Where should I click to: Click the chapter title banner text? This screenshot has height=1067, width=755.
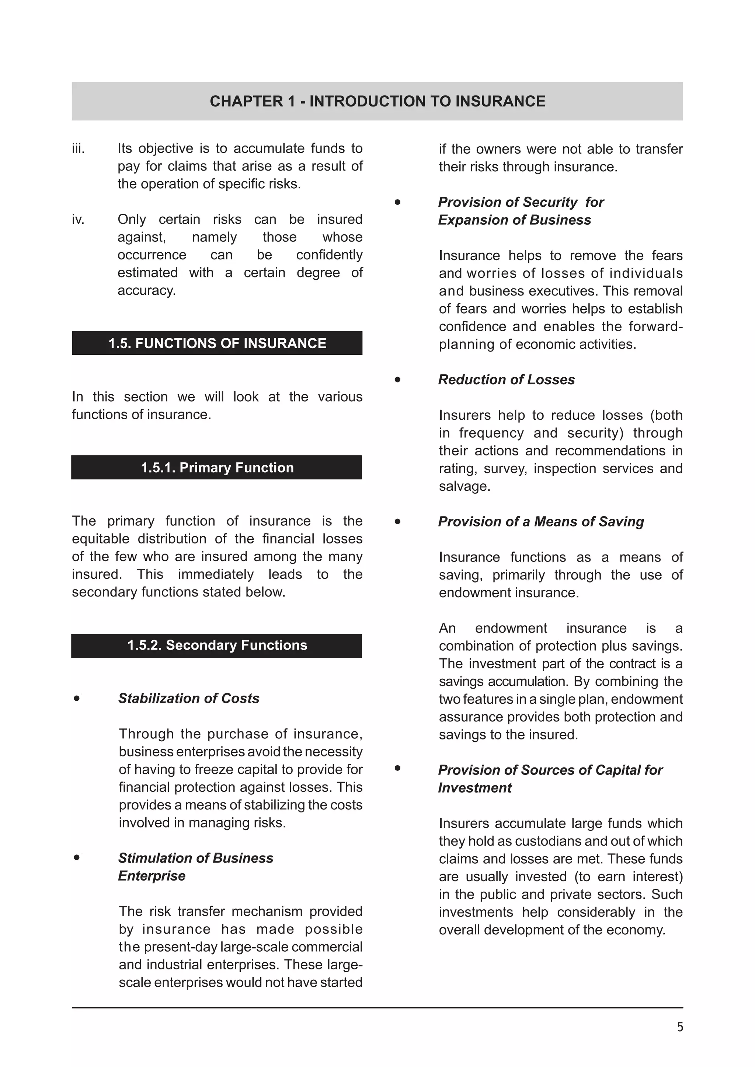(377, 101)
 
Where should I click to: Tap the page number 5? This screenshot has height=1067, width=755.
(680, 1026)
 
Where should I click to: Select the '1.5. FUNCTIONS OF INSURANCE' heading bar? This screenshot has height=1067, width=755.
(217, 343)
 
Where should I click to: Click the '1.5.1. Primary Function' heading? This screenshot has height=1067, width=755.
(217, 468)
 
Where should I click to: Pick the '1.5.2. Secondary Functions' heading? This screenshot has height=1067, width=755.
(217, 645)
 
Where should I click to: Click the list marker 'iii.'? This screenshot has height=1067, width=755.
(79, 149)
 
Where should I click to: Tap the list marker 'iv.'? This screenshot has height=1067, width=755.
(78, 219)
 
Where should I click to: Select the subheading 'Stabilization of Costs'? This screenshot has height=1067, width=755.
(188, 698)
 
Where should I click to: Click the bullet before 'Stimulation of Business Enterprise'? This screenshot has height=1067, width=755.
(77, 857)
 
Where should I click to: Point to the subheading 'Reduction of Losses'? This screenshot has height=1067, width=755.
(506, 380)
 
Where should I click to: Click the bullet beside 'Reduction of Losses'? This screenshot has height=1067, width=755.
(397, 380)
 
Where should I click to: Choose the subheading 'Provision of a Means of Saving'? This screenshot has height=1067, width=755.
(541, 521)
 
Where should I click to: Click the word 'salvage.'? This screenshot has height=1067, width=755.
(465, 487)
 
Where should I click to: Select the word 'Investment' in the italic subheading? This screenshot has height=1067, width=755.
(475, 788)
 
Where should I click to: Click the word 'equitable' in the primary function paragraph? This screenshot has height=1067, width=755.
(100, 539)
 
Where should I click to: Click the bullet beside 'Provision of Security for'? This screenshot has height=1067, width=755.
(397, 202)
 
